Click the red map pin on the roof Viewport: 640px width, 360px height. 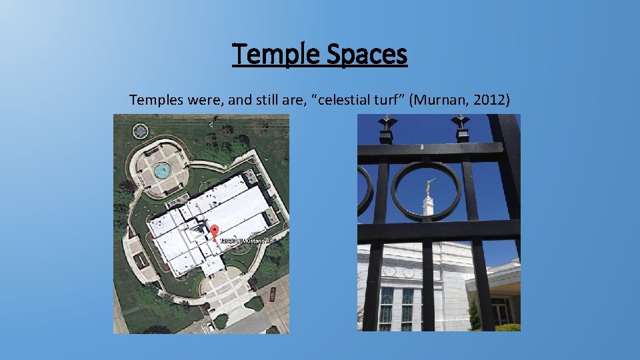214,233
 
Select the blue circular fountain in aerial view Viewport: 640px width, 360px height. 161,171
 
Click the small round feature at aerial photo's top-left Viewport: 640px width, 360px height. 140,130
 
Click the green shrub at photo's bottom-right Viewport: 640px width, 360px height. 508,327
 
